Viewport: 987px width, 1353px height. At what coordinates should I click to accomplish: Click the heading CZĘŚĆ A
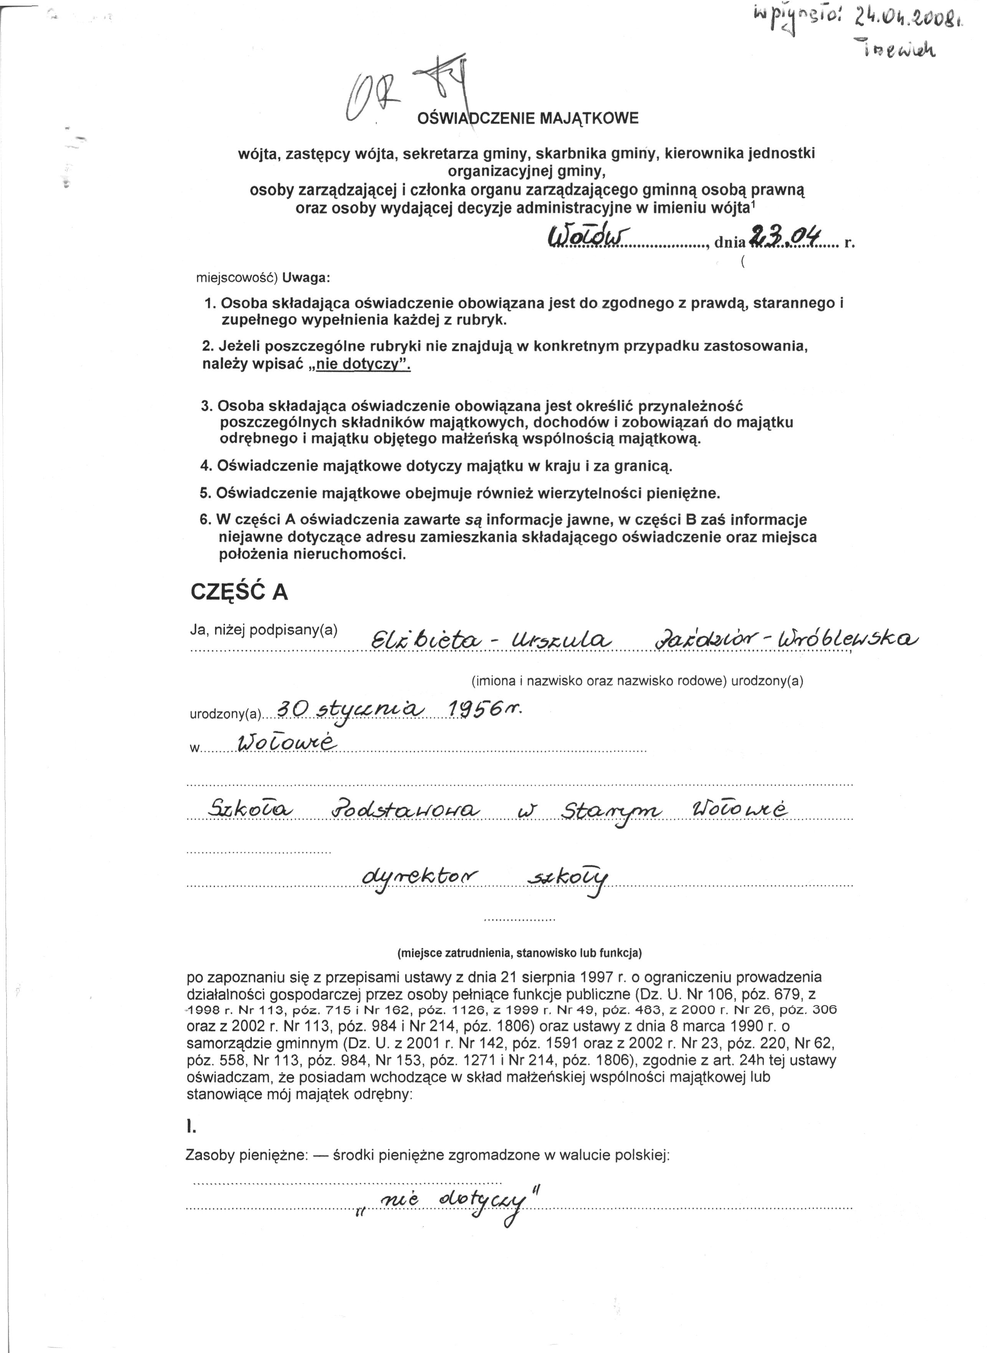[x=239, y=592]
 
